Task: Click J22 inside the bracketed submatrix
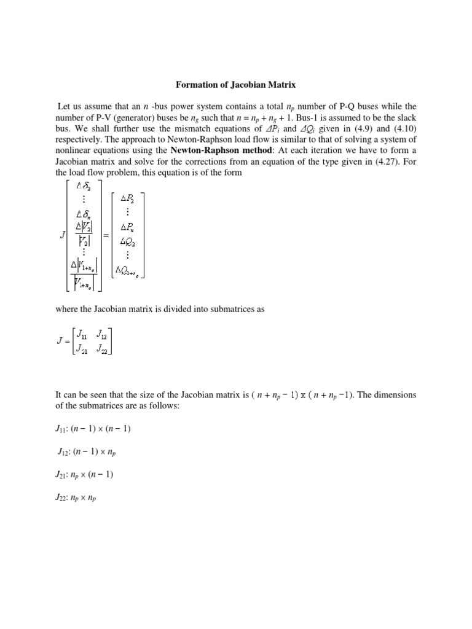[x=101, y=350]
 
